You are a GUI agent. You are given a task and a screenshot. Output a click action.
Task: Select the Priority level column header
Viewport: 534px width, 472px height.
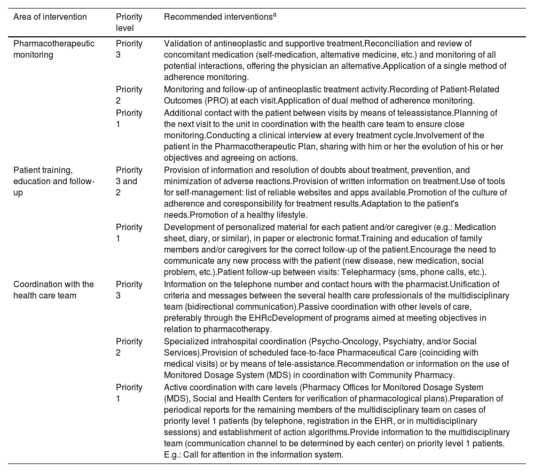pyautogui.click(x=129, y=22)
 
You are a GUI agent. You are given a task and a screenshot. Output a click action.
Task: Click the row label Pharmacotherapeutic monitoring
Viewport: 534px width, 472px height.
pyautogui.click(x=53, y=49)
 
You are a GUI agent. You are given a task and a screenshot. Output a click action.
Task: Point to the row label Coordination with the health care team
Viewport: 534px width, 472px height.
pyautogui.click(x=53, y=290)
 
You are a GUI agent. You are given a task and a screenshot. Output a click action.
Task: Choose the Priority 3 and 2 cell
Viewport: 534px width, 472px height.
pyautogui.click(x=129, y=181)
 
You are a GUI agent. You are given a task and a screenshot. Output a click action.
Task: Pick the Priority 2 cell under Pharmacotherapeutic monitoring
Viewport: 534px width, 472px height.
pyautogui.click(x=129, y=95)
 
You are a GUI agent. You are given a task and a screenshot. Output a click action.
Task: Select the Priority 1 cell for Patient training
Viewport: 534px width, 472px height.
pyautogui.click(x=129, y=232)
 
